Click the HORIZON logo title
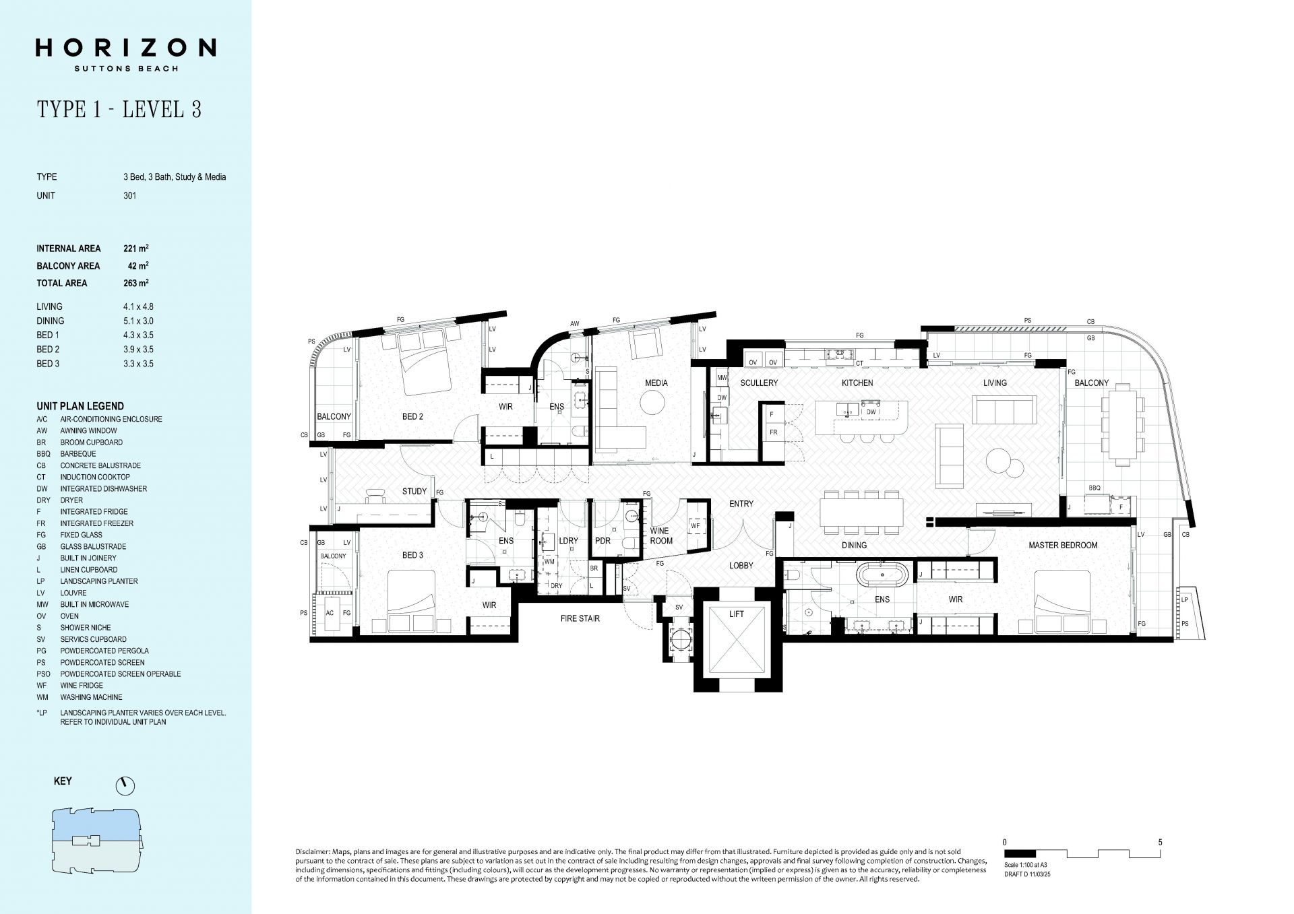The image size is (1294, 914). pos(126,48)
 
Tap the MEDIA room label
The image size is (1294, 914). pos(656,383)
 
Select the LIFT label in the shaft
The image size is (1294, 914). pos(737,614)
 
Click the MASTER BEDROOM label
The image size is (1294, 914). pos(1063,546)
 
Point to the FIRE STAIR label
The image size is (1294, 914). pos(580,618)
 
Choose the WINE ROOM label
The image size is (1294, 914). pos(660,535)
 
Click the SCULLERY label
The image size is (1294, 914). pos(759,383)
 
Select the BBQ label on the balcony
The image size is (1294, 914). pos(1095,488)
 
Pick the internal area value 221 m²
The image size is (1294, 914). pos(136,249)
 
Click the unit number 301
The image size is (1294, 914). pos(130,196)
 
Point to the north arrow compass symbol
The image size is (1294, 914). pos(125,785)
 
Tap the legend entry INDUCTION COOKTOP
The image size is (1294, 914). pos(95,477)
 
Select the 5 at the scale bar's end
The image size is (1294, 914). pos(1160,842)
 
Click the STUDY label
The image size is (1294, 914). pos(414,492)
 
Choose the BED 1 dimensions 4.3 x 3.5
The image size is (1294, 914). pos(133,335)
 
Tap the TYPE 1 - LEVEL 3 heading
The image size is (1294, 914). pos(119,109)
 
